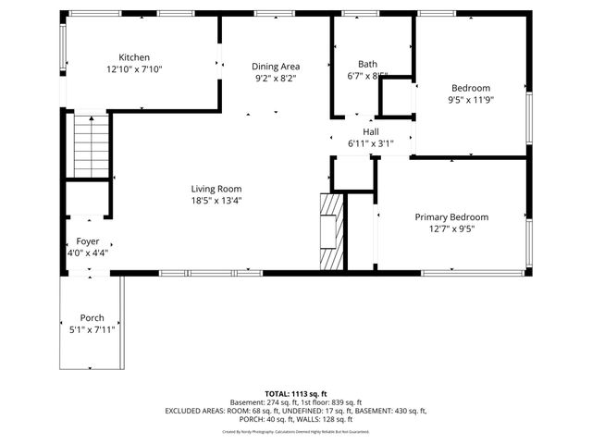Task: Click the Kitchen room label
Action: click(134, 57)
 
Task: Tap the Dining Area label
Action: click(276, 67)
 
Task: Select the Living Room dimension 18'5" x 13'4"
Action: click(216, 200)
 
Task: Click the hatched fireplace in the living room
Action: click(330, 231)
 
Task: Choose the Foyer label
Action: click(88, 240)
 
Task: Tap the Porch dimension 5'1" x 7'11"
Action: click(92, 329)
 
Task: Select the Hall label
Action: click(370, 131)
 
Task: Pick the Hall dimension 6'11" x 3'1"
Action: click(370, 143)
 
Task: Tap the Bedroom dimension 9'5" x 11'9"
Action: click(471, 100)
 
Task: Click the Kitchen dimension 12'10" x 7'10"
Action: click(134, 69)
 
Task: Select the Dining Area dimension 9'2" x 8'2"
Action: click(276, 79)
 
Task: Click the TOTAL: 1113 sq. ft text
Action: click(296, 392)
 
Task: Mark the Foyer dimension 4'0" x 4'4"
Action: click(88, 253)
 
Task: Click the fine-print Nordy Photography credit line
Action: click(296, 431)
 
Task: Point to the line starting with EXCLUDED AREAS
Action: click(296, 410)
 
